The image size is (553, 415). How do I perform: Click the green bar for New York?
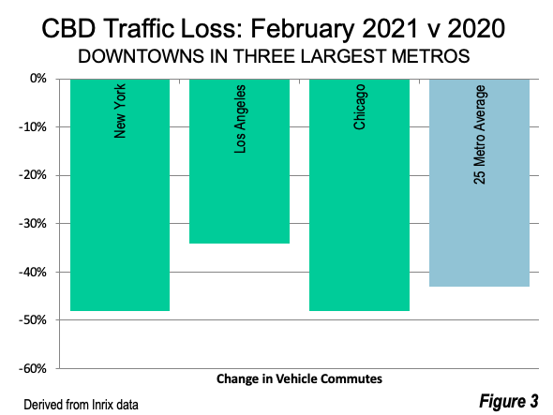pos(120,195)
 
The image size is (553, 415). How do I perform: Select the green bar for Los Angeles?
pos(239,161)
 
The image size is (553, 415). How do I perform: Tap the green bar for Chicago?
pos(359,195)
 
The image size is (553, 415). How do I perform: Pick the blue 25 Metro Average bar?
pos(479,183)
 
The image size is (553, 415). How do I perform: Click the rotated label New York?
pos(120,111)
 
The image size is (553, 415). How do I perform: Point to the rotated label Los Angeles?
pos(239,119)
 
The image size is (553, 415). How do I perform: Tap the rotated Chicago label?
pos(359,107)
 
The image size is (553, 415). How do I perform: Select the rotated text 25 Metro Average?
pos(480,135)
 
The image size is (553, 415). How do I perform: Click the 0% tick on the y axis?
pos(38,79)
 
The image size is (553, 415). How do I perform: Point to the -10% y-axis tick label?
pos(33,126)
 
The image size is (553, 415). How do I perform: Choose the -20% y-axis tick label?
pos(33,175)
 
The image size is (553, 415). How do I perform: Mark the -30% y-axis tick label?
pos(33,224)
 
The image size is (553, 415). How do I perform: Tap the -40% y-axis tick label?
pos(33,272)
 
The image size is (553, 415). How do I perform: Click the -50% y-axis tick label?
pos(33,320)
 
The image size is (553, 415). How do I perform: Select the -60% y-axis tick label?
pos(33,369)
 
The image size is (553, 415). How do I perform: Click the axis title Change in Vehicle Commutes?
pos(299,379)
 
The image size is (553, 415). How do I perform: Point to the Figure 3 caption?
pos(509,401)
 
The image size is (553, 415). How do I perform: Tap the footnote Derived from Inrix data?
pos(81,405)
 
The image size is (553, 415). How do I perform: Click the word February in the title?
pos(302,29)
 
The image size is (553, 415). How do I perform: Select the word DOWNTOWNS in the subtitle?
pos(142,56)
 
